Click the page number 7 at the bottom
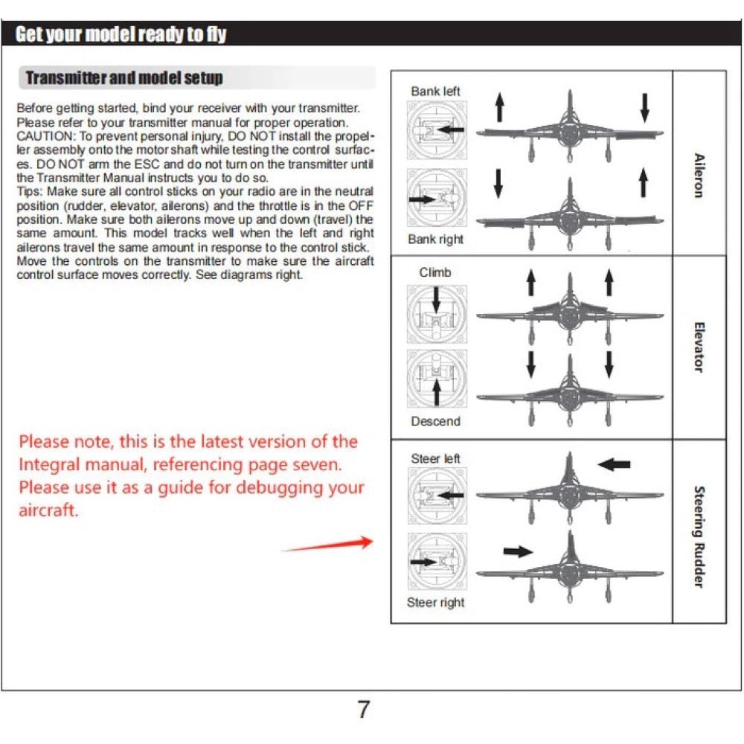[363, 710]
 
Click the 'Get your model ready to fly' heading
[121, 34]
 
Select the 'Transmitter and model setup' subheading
[124, 78]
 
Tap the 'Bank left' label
[435, 92]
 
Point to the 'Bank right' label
[435, 240]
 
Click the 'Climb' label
[435, 272]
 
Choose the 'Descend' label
[435, 421]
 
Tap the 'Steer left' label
[435, 459]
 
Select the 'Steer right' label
[435, 603]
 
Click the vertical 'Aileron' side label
[699, 175]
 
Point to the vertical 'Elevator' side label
[699, 347]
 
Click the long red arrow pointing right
[327, 545]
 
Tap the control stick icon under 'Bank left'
[437, 130]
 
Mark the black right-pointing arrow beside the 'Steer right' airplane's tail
[518, 551]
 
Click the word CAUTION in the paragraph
[42, 136]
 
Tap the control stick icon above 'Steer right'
[437, 563]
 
